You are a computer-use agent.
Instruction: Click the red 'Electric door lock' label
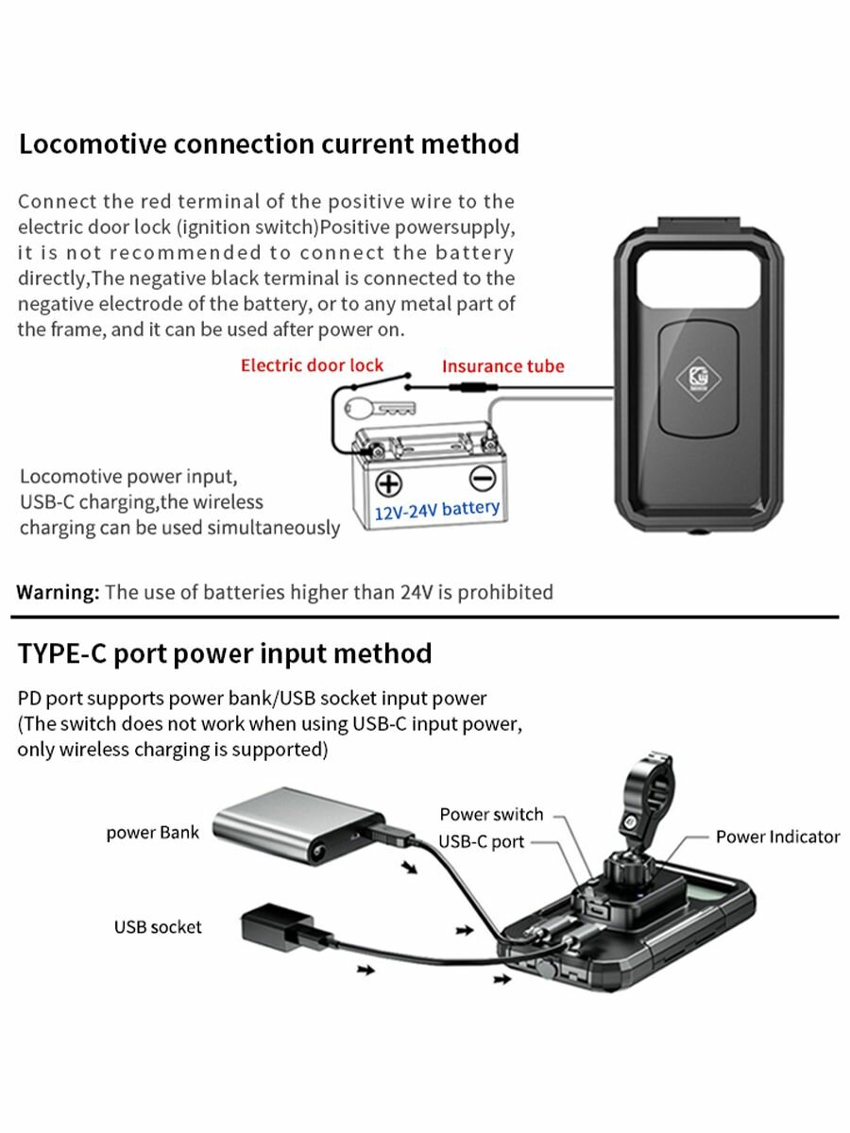click(312, 365)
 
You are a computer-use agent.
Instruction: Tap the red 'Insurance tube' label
click(503, 366)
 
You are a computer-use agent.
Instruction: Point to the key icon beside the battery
click(380, 410)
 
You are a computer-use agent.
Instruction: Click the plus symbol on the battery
click(388, 483)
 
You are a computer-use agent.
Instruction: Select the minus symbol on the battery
click(483, 479)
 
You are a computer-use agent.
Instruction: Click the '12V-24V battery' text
click(436, 510)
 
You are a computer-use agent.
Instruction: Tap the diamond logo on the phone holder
click(698, 379)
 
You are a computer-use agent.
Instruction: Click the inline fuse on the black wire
click(473, 386)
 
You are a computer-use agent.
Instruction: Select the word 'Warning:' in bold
click(58, 592)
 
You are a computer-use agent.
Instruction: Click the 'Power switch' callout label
click(491, 814)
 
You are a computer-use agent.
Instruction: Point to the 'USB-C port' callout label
click(481, 842)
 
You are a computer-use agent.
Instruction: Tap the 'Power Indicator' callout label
click(777, 837)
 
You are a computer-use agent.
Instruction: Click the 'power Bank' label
click(152, 832)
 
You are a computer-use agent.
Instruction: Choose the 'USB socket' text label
click(158, 927)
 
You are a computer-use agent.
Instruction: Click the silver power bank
click(298, 824)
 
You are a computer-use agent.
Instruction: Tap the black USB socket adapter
click(278, 927)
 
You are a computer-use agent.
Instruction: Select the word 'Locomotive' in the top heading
click(93, 144)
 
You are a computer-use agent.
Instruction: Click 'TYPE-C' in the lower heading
click(62, 653)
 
